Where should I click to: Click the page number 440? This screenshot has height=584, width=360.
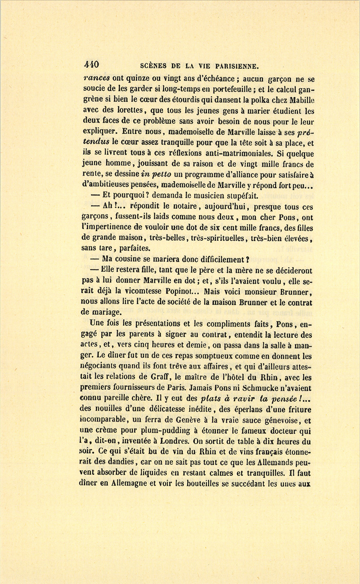click(x=91, y=65)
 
